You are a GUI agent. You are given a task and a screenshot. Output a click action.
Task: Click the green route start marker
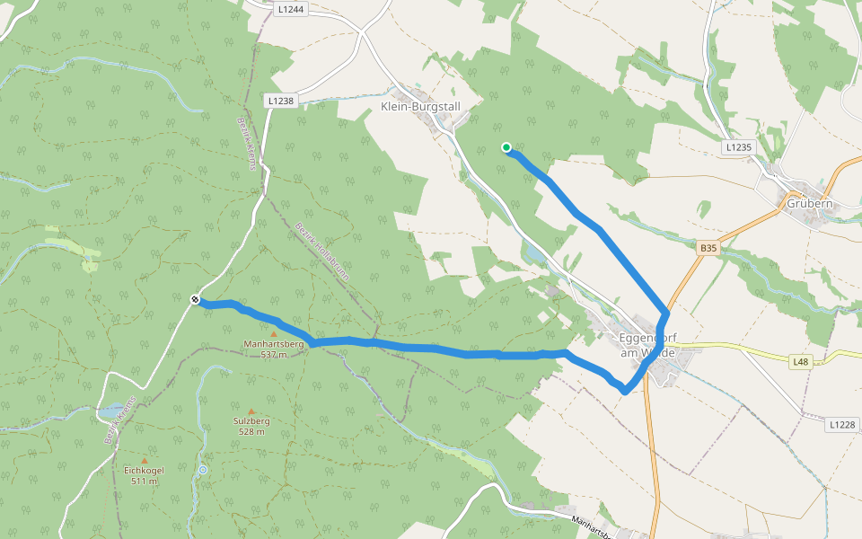tap(506, 147)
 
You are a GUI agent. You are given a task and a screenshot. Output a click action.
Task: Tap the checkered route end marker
tap(195, 299)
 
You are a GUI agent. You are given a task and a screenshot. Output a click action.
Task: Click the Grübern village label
tap(809, 203)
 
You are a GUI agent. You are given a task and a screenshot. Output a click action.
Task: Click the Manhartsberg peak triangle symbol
tap(274, 334)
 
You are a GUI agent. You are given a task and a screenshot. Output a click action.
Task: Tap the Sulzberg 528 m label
tap(251, 426)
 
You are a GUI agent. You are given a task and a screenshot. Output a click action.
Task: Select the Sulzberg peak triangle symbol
tap(251, 411)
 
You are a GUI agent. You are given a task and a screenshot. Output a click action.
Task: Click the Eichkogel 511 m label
tap(144, 475)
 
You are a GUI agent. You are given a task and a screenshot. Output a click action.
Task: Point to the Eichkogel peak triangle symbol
tap(144, 461)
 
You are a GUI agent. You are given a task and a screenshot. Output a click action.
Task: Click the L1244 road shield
tap(289, 9)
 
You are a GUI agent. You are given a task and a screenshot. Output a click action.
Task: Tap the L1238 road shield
tap(280, 102)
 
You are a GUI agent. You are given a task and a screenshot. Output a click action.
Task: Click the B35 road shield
tap(709, 246)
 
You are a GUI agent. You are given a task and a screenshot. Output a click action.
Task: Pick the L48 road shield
tap(801, 361)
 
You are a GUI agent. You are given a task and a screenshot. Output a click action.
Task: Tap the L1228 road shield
tap(841, 424)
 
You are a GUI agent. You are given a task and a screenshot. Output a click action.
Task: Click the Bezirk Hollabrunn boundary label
tap(321, 252)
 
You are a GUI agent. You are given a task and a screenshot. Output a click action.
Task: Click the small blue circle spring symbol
tap(203, 469)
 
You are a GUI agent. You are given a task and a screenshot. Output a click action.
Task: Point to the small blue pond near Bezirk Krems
tap(111, 411)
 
